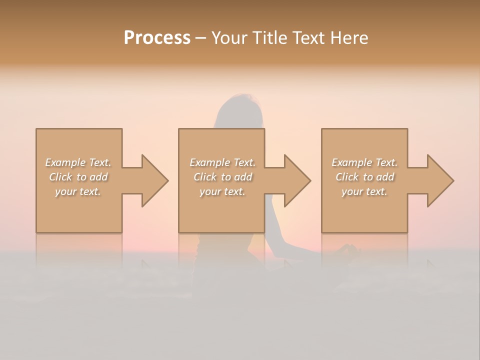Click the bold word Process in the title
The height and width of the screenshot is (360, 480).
pyautogui.click(x=157, y=37)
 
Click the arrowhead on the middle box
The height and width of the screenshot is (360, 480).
pyautogui.click(x=296, y=180)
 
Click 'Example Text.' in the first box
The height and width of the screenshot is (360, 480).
pyautogui.click(x=78, y=162)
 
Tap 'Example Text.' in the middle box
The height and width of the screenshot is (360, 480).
pyautogui.click(x=222, y=162)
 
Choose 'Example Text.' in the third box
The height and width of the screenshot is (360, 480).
pyautogui.click(x=364, y=162)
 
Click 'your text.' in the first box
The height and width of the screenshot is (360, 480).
pyautogui.click(x=78, y=191)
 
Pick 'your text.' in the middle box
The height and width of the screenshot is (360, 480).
pyautogui.click(x=222, y=191)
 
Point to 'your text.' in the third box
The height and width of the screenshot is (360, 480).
pyautogui.click(x=364, y=191)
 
